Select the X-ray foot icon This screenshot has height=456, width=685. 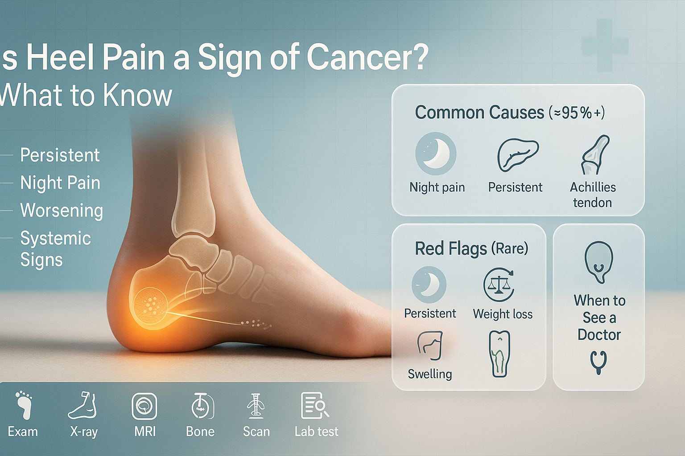[83, 405]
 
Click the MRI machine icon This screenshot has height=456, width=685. [144, 406]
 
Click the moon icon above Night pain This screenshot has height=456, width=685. [436, 153]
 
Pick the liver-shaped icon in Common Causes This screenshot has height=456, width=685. [518, 155]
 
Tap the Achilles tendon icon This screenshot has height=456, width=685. [595, 155]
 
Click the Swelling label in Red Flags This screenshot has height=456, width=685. [430, 374]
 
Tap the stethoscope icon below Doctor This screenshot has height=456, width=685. [598, 362]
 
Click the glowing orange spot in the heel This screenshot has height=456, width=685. [150, 306]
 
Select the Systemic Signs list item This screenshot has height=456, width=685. [55, 248]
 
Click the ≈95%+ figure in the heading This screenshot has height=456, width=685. [577, 113]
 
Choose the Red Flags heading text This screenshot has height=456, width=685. [471, 248]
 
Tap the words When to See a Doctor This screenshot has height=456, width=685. [599, 318]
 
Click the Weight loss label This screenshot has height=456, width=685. [503, 314]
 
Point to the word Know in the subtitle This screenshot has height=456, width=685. [137, 95]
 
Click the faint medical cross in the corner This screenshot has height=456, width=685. [605, 46]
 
